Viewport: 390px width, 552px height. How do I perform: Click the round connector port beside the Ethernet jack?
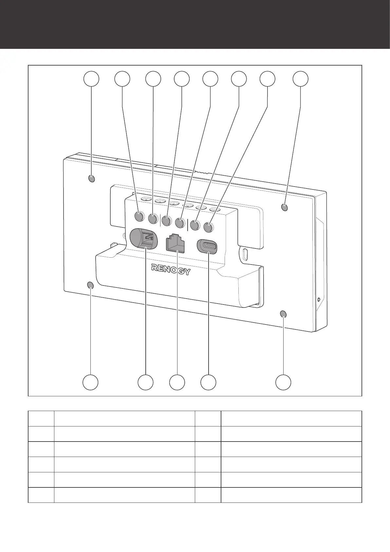(144, 239)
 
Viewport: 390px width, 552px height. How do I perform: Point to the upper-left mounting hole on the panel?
(92, 179)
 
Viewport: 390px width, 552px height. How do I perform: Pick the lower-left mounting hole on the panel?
(91, 286)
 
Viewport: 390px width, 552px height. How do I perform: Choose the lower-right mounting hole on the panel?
(283, 314)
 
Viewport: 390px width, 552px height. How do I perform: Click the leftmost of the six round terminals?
(139, 216)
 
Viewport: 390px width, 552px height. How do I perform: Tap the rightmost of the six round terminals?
(209, 227)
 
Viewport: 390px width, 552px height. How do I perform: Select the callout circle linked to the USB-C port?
(209, 382)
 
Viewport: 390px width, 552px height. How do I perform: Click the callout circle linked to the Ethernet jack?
(177, 382)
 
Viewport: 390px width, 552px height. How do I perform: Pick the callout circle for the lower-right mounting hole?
(283, 382)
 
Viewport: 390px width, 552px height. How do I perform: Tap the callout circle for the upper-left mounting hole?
(91, 79)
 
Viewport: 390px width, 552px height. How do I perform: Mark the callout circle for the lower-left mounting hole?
(90, 382)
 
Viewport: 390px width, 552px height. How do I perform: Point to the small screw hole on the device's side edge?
(319, 299)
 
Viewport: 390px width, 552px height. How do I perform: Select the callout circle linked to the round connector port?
(145, 382)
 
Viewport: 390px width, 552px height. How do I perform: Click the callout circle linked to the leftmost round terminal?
(122, 79)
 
